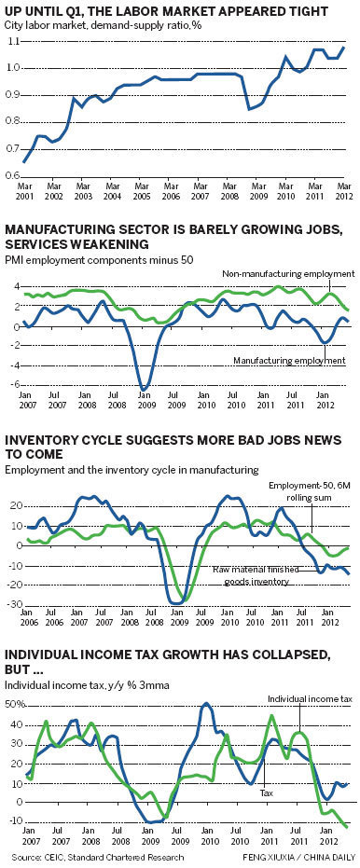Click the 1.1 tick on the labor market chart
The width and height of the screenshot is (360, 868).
point(14,43)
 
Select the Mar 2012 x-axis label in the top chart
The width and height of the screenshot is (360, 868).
point(343,191)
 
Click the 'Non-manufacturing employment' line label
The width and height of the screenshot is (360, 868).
point(288,274)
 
